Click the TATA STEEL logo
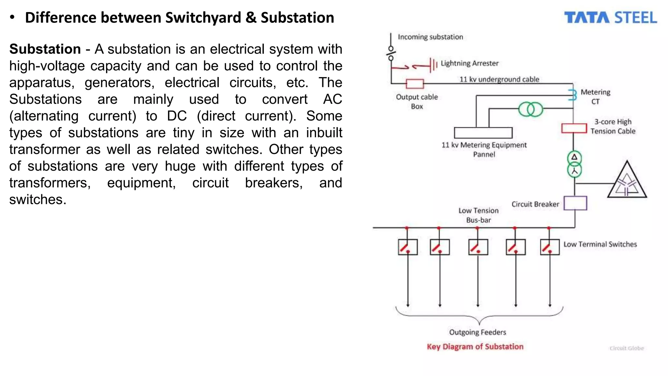610,18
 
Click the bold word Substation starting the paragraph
45,49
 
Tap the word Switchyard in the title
203,18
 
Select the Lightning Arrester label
469,63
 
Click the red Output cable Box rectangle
415,84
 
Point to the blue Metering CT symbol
572,95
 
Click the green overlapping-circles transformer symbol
530,109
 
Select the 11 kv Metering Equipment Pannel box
483,133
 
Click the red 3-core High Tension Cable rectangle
574,128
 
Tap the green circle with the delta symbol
574,158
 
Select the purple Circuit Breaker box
575,203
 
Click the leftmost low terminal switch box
408,247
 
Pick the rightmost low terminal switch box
550,247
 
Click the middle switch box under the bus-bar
478,247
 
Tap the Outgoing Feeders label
478,332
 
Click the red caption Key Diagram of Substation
475,347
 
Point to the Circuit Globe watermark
627,348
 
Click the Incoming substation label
430,37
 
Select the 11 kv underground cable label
499,79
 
